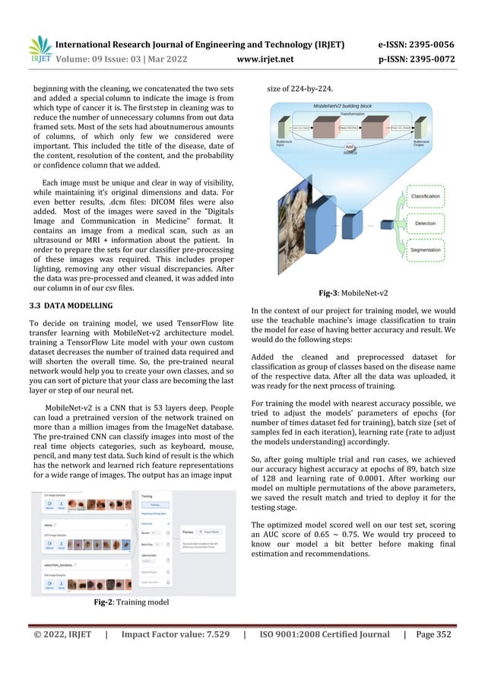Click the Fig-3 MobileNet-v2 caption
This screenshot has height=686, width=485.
(x=363, y=291)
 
